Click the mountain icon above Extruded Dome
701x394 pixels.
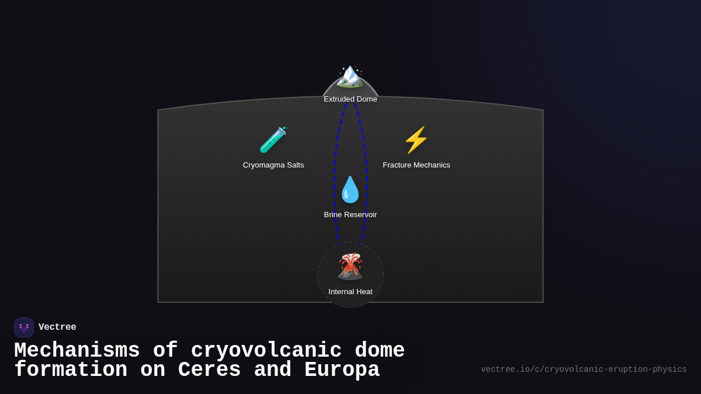point(350,76)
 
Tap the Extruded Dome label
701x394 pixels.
point(350,99)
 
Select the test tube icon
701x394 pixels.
point(273,140)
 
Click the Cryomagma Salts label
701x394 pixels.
point(273,165)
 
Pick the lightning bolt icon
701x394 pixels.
point(416,140)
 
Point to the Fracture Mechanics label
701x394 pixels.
point(417,165)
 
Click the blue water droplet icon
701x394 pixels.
point(350,190)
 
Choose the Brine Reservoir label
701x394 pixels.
point(350,215)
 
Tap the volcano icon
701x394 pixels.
point(350,267)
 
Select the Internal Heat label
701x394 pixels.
point(350,292)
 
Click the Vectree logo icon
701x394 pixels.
point(24,327)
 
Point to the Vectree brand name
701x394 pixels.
point(57,327)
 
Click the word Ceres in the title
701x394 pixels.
point(209,370)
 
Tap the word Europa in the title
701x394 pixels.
point(342,370)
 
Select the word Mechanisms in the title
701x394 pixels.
point(77,351)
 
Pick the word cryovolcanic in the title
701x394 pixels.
point(266,351)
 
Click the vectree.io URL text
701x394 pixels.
point(584,369)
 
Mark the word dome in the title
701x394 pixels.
point(380,351)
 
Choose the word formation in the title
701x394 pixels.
point(71,370)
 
